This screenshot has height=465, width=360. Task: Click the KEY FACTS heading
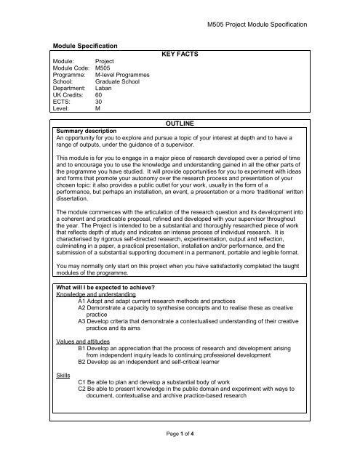point(180,54)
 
